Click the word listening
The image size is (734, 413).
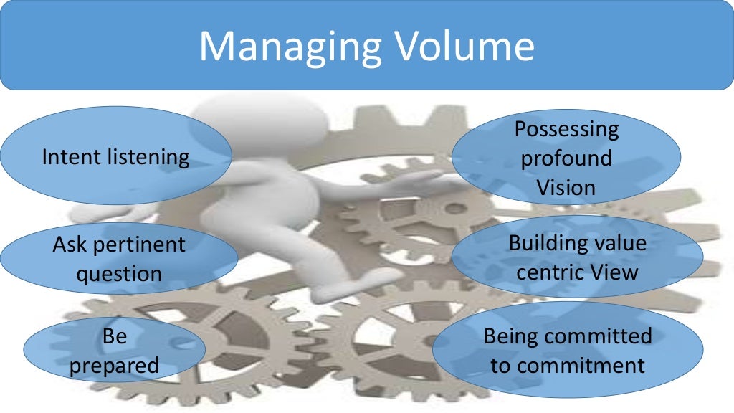pos(148,156)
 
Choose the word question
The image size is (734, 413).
pos(119,274)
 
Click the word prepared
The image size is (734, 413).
pos(115,366)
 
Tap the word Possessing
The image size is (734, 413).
pos(566,129)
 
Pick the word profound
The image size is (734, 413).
pos(566,158)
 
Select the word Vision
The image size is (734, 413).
pos(566,188)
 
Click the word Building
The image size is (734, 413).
pos(542,243)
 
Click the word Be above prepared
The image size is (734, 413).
pos(115,336)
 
